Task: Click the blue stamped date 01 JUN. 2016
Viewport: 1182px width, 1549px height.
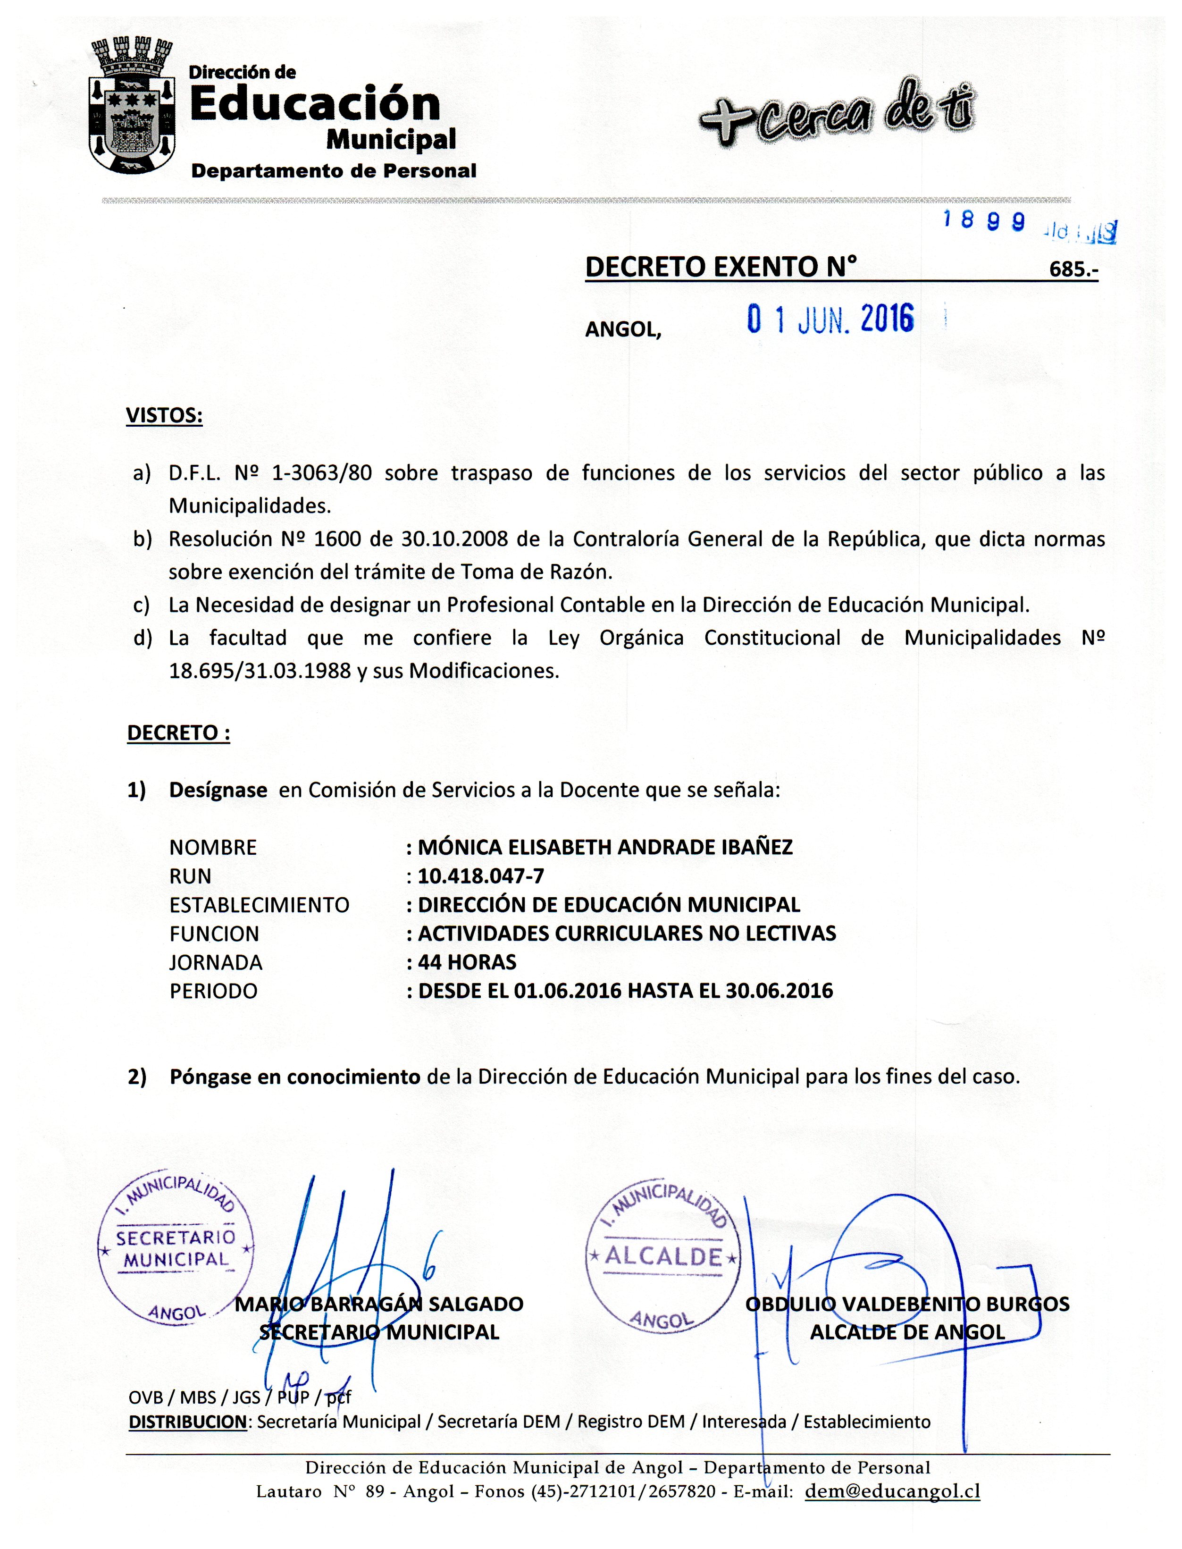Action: [830, 320]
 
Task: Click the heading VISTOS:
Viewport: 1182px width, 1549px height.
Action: [164, 416]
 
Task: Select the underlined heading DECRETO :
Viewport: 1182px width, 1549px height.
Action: [178, 733]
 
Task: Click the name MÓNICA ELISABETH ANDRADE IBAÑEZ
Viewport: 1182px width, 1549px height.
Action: [605, 847]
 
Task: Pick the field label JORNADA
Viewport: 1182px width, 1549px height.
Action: [216, 963]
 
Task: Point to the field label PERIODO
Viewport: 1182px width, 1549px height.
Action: [213, 992]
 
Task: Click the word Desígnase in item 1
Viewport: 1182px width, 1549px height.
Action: [218, 791]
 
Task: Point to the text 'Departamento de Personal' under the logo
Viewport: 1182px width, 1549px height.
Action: [334, 171]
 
